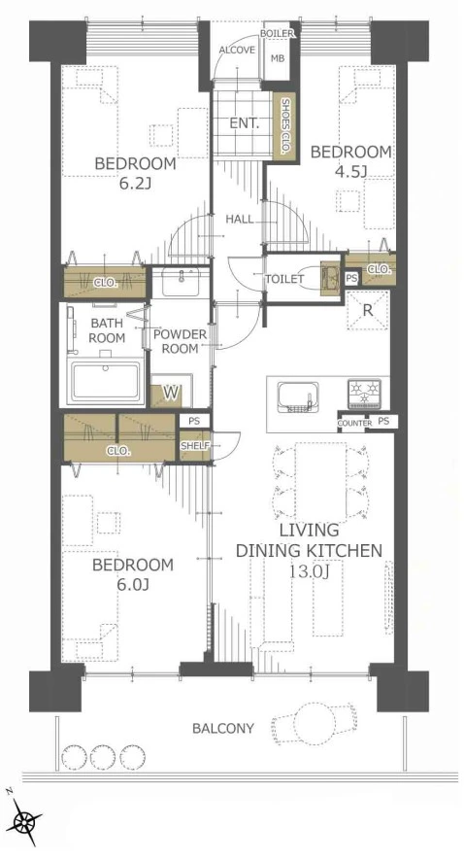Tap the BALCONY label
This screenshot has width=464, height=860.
coord(223,729)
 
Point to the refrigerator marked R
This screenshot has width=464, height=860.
coord(368,310)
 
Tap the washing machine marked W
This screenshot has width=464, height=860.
coord(172,392)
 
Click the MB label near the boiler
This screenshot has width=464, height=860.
coord(278,58)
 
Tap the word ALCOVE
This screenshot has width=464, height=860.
coord(237,51)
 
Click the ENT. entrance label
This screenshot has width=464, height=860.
coord(245,123)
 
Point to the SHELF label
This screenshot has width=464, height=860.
coord(194,446)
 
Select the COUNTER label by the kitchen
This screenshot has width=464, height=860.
coord(354,424)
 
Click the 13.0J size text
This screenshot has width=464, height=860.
coord(309,572)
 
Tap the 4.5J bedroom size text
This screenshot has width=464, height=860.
coord(350,172)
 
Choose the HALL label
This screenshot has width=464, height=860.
coord(240,220)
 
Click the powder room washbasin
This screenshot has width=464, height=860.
coord(181,282)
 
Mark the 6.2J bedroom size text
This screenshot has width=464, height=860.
coord(135,184)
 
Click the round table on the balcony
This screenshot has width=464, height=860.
coord(314,723)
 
